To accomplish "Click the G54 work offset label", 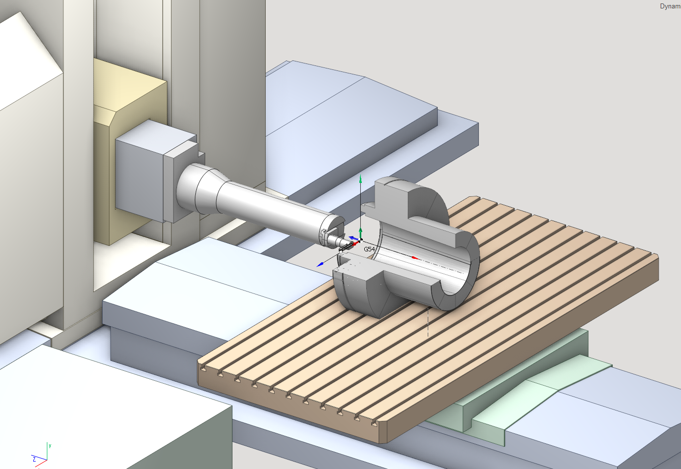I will click(369, 249).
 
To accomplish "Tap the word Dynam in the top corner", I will click(670, 6).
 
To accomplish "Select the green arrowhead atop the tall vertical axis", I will click(361, 179).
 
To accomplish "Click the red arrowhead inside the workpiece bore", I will click(414, 258).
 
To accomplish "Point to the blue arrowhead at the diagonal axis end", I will click(320, 265).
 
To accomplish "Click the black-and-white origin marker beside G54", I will click(361, 240).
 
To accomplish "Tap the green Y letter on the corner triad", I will click(50, 446).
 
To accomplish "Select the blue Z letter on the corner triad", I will click(34, 460).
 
